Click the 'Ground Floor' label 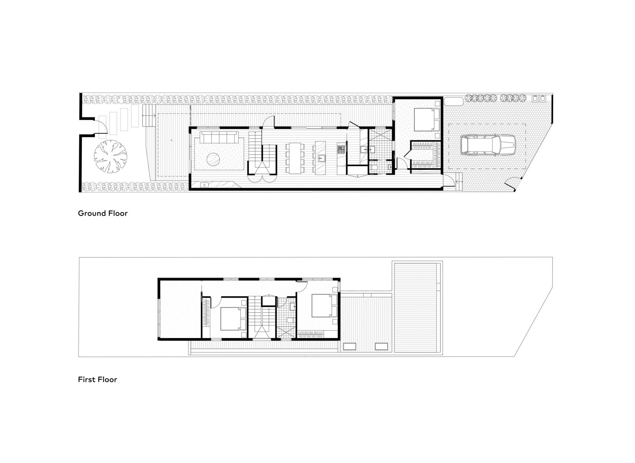[x=102, y=213]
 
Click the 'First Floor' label [x=97, y=380]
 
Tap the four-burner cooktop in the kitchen [x=341, y=150]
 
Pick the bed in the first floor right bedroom [x=324, y=305]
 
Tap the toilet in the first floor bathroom [x=289, y=321]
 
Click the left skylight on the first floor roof [x=350, y=347]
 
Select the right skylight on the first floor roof [x=381, y=347]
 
